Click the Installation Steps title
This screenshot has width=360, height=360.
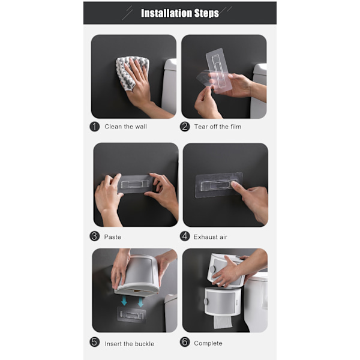tap(180, 13)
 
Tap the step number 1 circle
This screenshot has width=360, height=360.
tap(94, 127)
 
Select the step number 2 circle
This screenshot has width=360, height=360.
tap(185, 127)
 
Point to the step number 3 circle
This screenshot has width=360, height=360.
tap(94, 236)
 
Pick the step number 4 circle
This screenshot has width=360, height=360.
tap(185, 236)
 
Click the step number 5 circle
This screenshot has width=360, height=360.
tap(94, 342)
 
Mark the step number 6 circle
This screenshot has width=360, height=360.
tap(185, 342)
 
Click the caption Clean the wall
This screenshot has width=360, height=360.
tap(125, 127)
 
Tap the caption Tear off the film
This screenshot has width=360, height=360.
tap(218, 127)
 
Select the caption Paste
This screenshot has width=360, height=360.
tap(113, 237)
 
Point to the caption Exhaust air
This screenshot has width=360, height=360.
tap(211, 237)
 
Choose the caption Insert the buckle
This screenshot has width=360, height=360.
tap(129, 344)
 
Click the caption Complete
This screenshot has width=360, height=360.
tap(208, 343)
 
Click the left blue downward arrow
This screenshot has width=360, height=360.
tap(124, 301)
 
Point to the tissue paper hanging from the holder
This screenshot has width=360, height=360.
tap(223, 322)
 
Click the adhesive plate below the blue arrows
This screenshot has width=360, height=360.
tap(131, 315)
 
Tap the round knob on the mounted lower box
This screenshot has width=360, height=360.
tap(206, 301)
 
